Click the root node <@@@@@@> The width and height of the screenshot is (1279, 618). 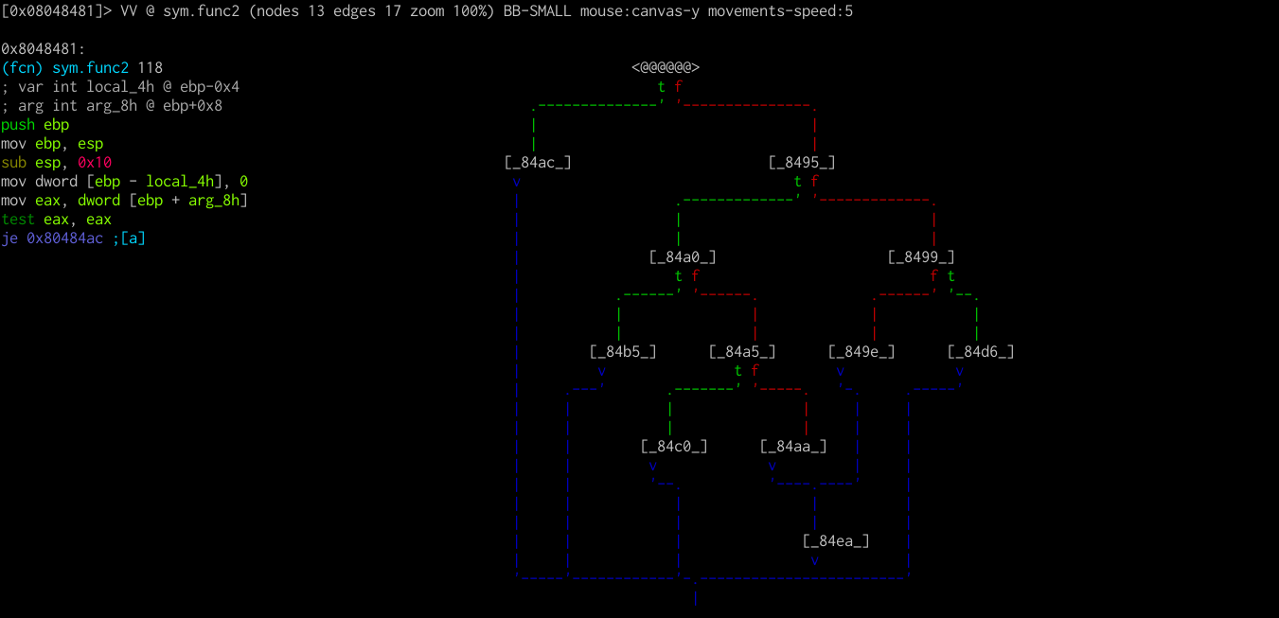pos(666,67)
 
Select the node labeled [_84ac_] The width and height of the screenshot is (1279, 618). pos(538,162)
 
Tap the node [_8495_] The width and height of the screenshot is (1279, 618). pos(802,162)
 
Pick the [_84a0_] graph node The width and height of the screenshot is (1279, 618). pos(683,256)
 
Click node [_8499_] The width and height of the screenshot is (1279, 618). pos(921,256)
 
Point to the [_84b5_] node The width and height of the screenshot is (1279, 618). pos(623,351)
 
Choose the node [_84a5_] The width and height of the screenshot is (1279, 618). pos(742,351)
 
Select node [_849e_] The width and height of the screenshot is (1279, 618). pos(862,351)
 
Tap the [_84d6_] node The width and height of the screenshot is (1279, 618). pos(981,351)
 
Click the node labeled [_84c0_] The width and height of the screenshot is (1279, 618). pos(674,446)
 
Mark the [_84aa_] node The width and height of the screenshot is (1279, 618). pos(793,446)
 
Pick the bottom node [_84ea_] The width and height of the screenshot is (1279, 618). pos(836,540)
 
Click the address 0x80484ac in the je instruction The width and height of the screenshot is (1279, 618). pos(64,238)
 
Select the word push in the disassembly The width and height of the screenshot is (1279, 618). pos(18,124)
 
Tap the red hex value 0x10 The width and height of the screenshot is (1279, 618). pos(95,162)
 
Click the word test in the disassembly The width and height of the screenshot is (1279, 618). pos(18,219)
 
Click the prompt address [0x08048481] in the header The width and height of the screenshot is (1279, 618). pos(56,11)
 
